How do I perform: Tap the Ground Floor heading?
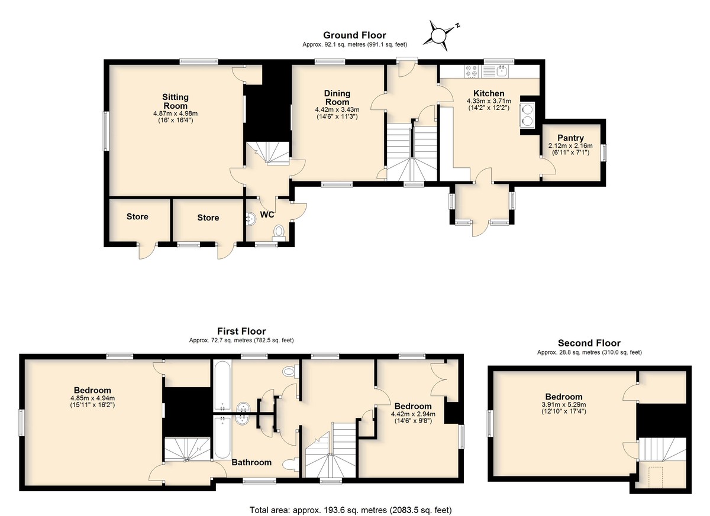click(354, 35)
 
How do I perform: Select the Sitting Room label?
click(175, 101)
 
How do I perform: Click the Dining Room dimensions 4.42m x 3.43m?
click(337, 110)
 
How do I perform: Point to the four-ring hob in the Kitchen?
click(472, 71)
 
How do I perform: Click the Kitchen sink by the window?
click(502, 71)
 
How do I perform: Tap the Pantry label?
click(570, 138)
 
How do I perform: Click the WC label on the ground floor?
click(267, 215)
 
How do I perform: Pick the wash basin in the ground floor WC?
click(251, 218)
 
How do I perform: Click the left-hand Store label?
click(137, 216)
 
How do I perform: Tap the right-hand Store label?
click(208, 218)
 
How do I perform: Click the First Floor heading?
click(241, 331)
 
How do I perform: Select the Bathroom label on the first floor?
click(251, 462)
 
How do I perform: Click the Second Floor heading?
click(589, 343)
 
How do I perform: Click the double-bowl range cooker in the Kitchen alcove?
click(527, 115)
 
